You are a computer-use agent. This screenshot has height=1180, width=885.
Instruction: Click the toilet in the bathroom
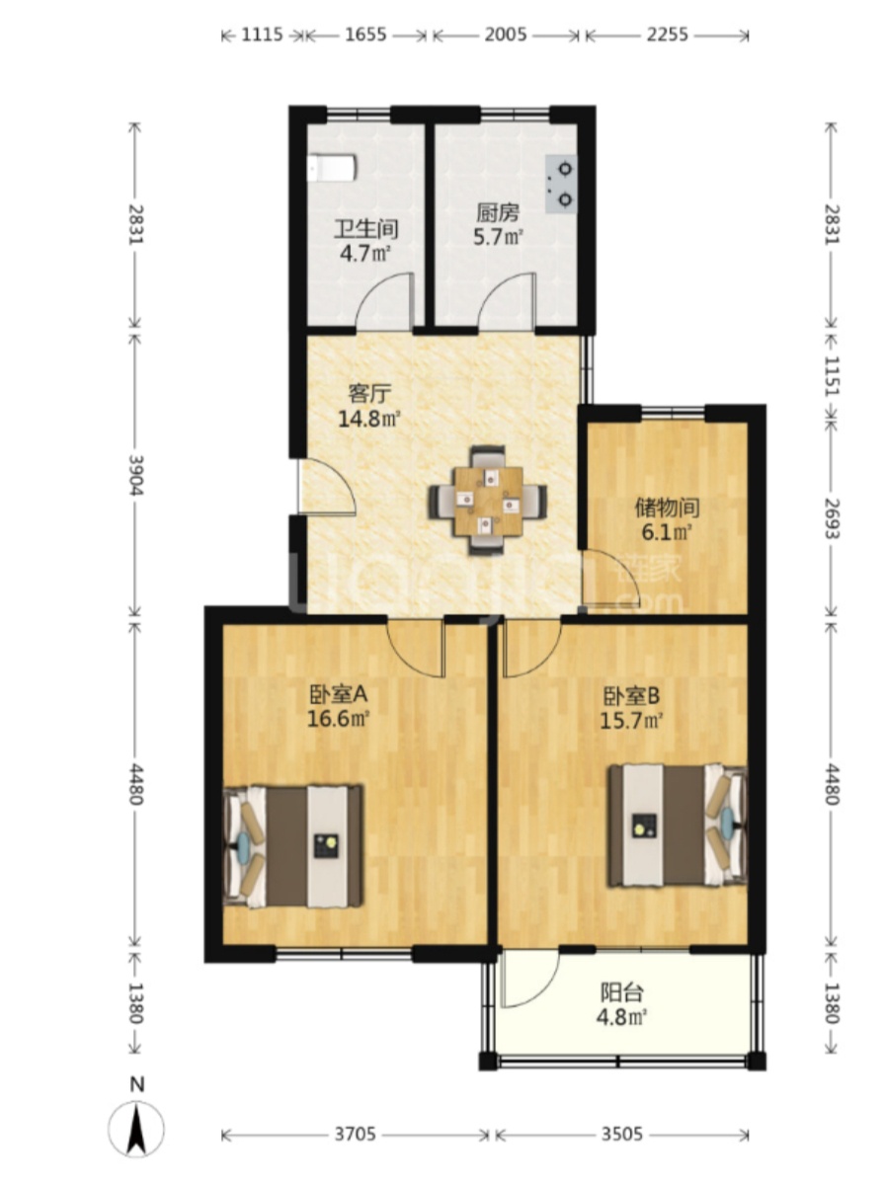(x=332, y=168)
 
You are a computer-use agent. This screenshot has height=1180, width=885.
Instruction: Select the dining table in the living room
(x=488, y=502)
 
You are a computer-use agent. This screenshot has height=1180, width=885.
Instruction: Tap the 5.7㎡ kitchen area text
(x=498, y=237)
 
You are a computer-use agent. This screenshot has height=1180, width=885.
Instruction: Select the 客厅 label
(x=368, y=393)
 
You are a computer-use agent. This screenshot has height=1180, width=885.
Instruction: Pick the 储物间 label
(x=667, y=508)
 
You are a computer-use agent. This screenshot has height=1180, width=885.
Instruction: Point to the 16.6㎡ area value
(x=338, y=719)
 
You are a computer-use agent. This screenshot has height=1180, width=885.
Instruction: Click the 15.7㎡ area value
(x=630, y=720)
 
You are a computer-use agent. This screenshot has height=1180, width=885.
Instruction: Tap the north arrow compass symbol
(x=136, y=1128)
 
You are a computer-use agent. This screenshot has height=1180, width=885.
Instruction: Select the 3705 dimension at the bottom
(x=356, y=1135)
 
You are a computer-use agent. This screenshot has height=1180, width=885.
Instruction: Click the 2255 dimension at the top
(x=668, y=35)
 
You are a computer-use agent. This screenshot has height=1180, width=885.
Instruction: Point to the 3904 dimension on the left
(x=135, y=475)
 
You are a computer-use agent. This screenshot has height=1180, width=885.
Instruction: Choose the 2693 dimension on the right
(x=831, y=517)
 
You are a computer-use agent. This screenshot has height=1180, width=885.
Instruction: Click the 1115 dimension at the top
(x=262, y=35)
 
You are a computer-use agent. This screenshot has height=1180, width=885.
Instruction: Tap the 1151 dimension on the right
(x=831, y=375)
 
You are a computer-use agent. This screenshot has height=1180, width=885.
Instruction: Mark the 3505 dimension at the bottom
(x=621, y=1135)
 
